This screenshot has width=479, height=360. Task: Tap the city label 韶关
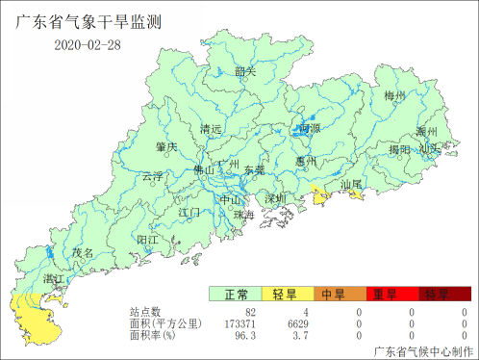pos(245,70)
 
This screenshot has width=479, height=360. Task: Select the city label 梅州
pos(395,96)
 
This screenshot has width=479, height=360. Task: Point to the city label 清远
pos(211,129)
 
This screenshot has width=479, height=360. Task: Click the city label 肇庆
pos(166,146)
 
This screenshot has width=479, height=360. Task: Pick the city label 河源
pos(310,128)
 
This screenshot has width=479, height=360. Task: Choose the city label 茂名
pos(85,252)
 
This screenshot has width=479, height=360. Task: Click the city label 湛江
pos(53,278)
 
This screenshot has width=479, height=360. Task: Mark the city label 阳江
pos(149,239)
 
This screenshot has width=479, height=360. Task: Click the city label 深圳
pos(277,198)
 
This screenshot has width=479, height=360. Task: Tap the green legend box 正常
pos(236,294)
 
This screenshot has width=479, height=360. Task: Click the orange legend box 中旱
pos(334,294)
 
